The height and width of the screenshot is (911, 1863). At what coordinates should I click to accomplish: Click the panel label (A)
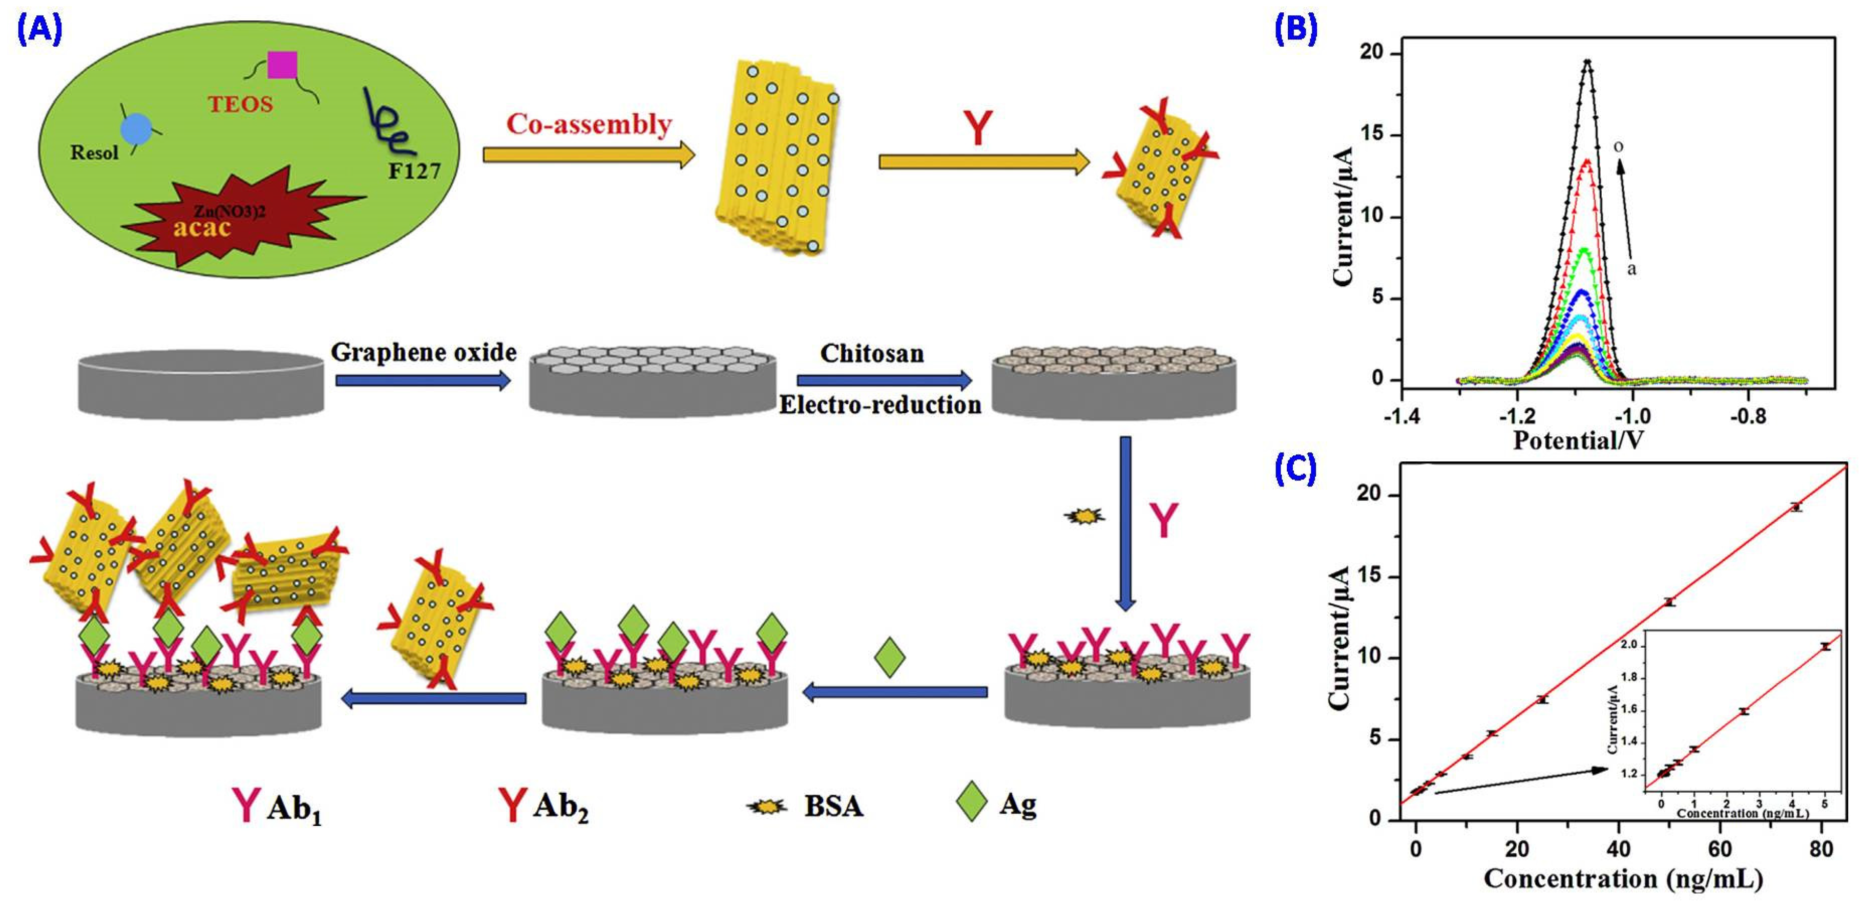click(x=40, y=30)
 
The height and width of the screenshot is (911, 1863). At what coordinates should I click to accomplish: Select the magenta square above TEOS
click(x=282, y=65)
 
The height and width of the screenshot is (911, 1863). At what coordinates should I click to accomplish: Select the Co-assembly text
click(x=589, y=124)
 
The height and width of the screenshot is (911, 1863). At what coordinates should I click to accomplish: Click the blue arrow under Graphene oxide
click(x=423, y=380)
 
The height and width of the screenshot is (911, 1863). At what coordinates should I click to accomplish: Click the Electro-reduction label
click(x=880, y=405)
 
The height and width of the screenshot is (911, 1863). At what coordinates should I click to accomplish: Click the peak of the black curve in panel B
click(x=1587, y=61)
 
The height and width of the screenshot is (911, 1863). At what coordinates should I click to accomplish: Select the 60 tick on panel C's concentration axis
click(x=1720, y=849)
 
